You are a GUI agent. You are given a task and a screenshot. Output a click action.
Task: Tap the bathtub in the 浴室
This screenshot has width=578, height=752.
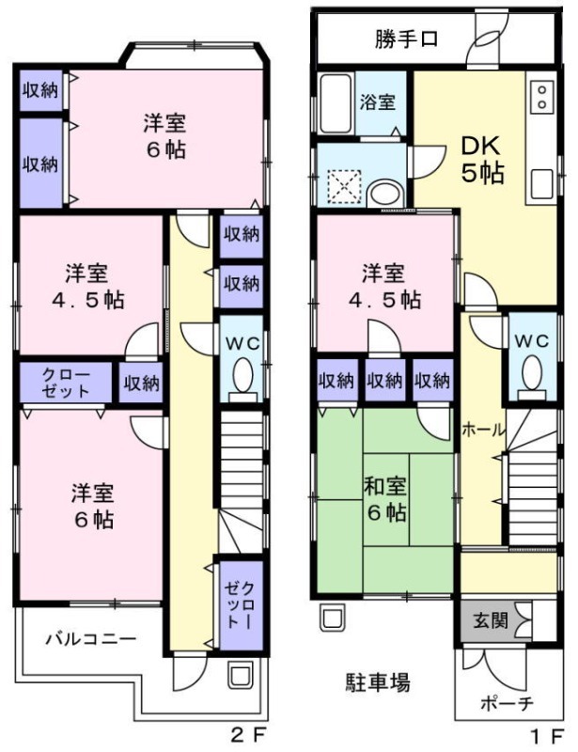click(335, 102)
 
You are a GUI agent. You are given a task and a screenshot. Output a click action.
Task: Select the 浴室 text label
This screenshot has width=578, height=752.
click(380, 102)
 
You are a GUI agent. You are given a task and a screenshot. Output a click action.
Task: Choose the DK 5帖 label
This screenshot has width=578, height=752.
click(481, 159)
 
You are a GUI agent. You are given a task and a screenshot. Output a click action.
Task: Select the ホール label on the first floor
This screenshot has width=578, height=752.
click(483, 430)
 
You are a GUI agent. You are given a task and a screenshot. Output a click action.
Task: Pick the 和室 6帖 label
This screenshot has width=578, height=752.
click(384, 500)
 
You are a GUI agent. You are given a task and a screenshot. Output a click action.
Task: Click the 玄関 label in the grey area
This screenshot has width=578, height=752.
click(484, 621)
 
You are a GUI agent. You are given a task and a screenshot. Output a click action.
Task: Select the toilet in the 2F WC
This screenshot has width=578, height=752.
click(242, 376)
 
